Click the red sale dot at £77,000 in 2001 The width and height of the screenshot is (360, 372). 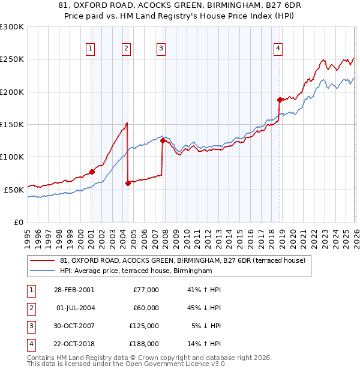[92, 172]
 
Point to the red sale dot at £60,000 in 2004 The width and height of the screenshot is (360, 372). [128, 183]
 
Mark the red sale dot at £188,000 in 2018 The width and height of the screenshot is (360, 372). [280, 100]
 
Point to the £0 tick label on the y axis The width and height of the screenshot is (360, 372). [18, 222]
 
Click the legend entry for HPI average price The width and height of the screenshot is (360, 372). [136, 271]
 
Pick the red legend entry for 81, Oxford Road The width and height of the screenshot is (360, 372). [183, 260]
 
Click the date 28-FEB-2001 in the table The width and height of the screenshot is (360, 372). [73, 290]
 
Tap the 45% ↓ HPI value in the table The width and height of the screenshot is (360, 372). [204, 308]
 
